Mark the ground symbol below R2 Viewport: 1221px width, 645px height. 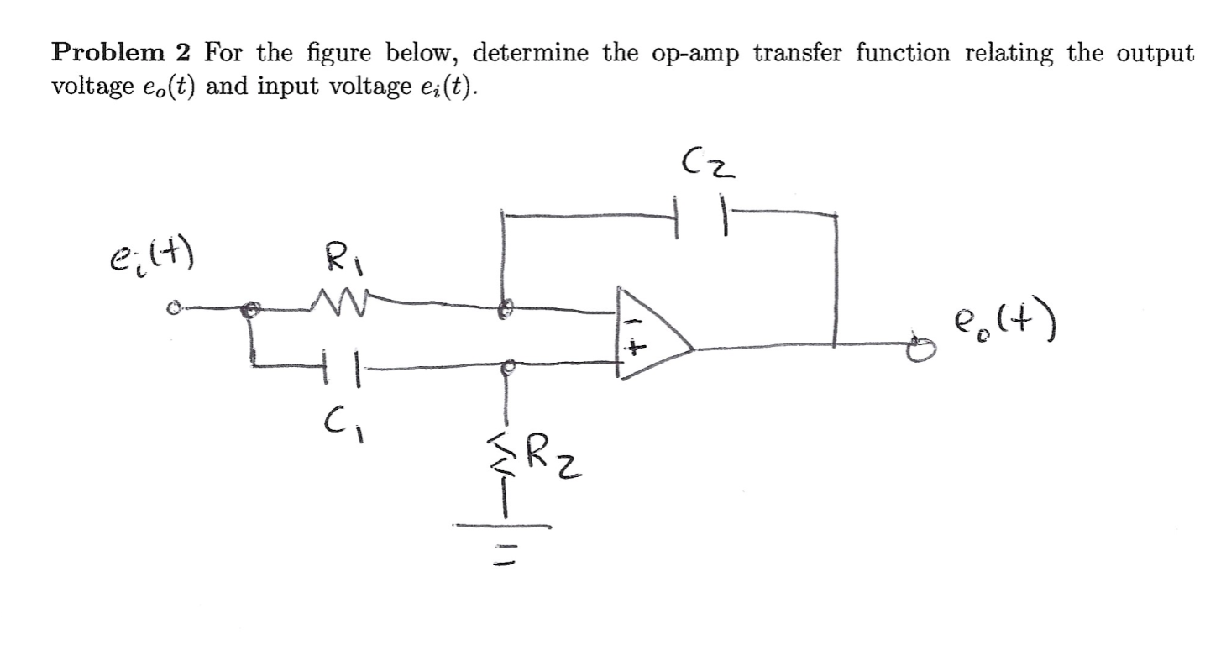(x=502, y=537)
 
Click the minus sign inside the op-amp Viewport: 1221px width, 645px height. (x=636, y=321)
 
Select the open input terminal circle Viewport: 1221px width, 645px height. (x=172, y=310)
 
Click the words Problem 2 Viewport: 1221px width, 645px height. (x=121, y=53)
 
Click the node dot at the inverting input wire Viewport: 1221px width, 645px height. (x=503, y=310)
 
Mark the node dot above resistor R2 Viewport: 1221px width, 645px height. (x=506, y=367)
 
